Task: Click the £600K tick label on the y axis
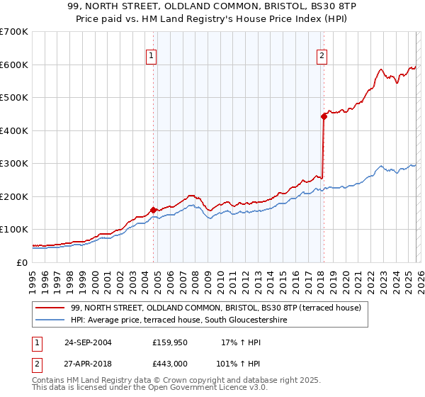click(x=14, y=65)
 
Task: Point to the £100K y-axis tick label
click(x=14, y=230)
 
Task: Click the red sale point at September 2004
click(x=154, y=210)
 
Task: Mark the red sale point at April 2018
click(x=324, y=116)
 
